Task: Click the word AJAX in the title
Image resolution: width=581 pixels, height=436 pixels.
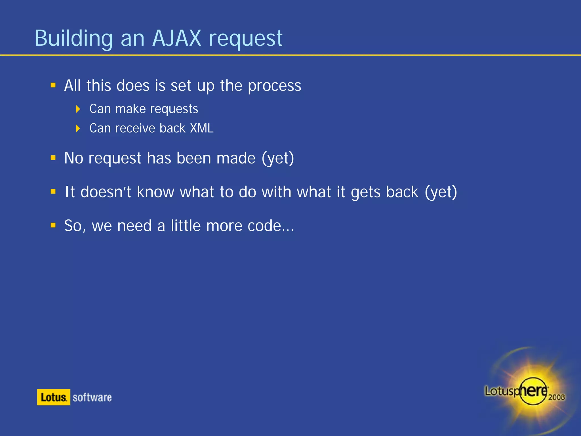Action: coord(176,38)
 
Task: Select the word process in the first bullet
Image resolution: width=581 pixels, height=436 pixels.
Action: coord(274,86)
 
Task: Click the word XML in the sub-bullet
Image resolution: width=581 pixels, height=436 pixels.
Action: coord(201,128)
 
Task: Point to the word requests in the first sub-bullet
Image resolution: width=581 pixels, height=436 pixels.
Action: coord(174,109)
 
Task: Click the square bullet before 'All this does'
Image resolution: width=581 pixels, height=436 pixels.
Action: coord(53,85)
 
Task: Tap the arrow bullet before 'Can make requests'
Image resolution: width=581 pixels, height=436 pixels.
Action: coord(78,109)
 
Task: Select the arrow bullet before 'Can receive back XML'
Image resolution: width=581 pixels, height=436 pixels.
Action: coord(78,129)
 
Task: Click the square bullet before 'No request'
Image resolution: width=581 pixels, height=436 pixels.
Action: coord(53,158)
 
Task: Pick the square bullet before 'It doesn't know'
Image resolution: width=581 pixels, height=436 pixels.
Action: coord(53,192)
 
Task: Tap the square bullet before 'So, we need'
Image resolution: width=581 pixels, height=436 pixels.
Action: coord(53,225)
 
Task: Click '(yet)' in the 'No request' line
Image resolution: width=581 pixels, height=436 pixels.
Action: coord(278,158)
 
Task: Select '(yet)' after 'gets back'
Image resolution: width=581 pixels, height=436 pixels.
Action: coord(441,192)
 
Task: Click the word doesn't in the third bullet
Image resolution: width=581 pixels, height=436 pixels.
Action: coord(106,192)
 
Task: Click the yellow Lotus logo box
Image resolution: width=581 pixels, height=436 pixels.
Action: coord(53,397)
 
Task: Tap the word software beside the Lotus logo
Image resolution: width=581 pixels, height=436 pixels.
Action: coord(92,397)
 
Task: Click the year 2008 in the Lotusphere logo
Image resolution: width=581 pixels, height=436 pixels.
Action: coord(556,397)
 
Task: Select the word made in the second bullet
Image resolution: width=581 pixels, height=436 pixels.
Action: coord(236,158)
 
